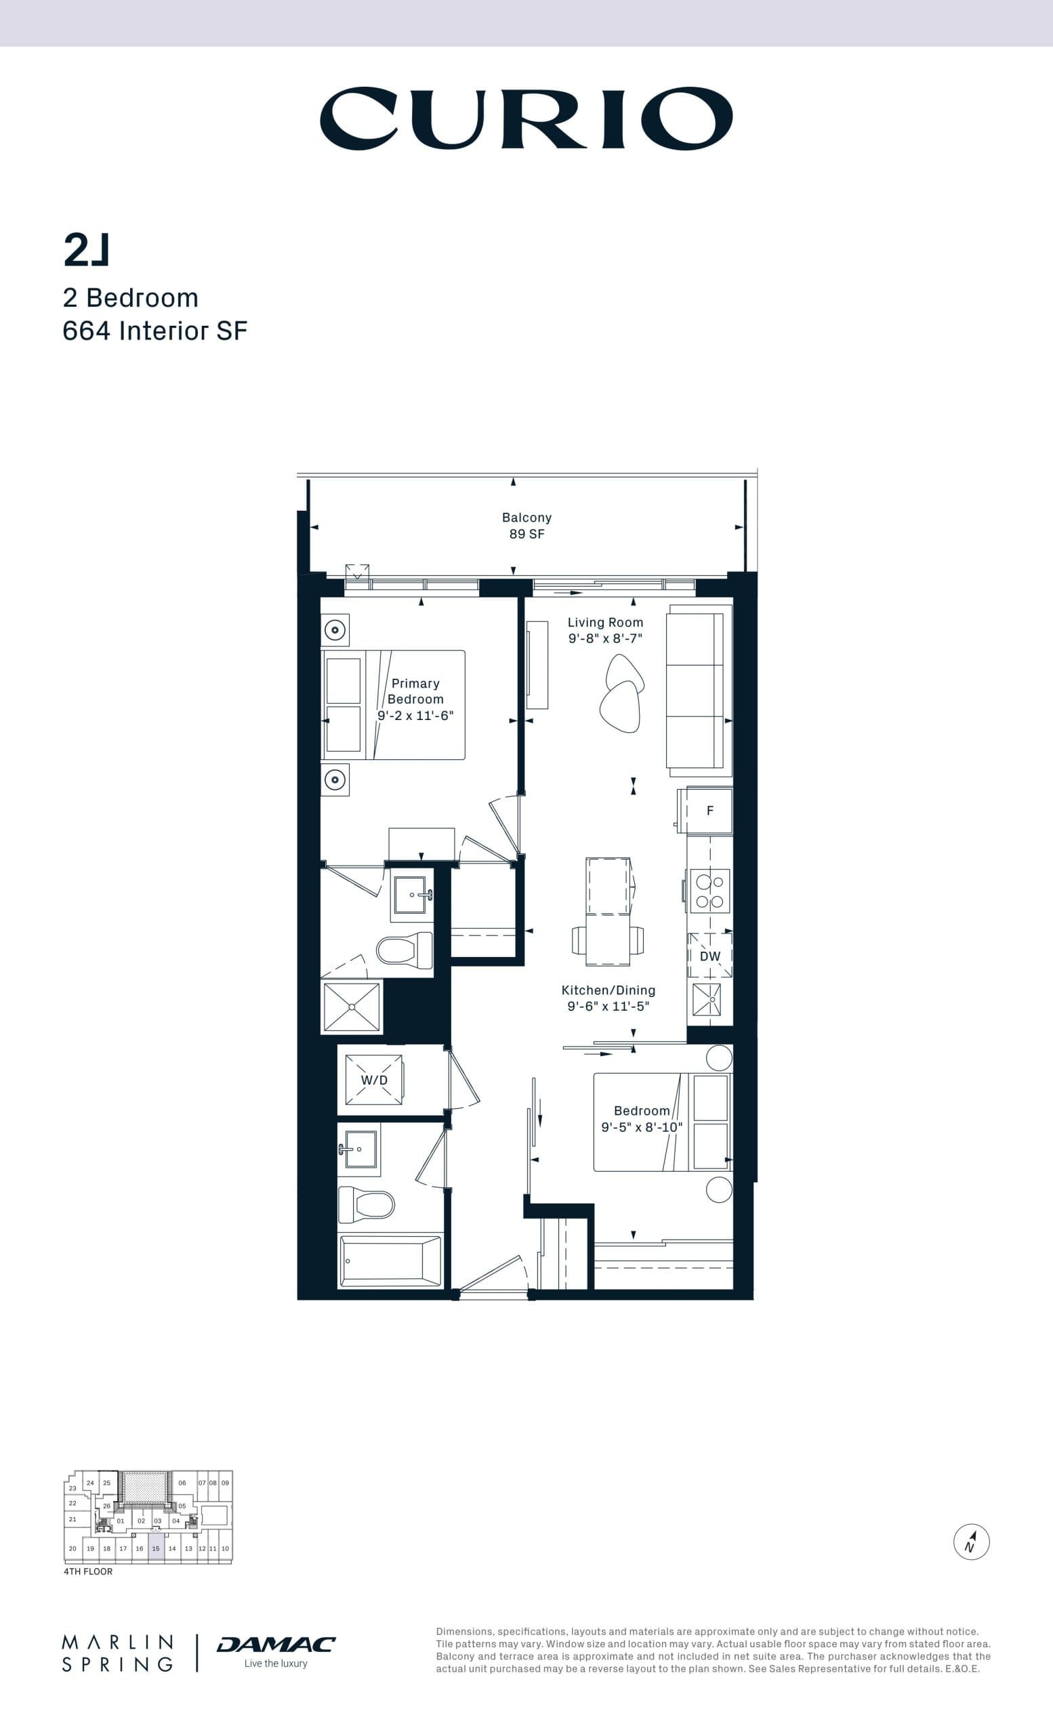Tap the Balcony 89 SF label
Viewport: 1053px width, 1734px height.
coord(526,525)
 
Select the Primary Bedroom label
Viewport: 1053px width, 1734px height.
coord(415,691)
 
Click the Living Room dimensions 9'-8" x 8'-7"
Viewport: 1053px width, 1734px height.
coord(605,638)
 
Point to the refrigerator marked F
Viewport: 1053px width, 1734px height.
coord(709,811)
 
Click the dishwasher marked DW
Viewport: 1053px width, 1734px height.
coord(709,956)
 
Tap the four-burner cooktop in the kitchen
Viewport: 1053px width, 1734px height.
coord(709,891)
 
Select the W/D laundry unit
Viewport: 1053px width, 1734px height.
coord(374,1080)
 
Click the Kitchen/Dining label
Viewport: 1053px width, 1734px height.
coord(608,990)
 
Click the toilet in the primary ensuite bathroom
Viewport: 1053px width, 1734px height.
coord(405,950)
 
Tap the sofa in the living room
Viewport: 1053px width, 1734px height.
coord(699,690)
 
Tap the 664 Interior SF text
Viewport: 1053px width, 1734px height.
coord(155,331)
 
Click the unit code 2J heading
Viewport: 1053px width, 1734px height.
coord(87,251)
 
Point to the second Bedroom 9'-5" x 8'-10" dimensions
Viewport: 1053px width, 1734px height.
coord(641,1126)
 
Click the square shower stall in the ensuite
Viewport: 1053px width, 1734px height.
coord(351,1007)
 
